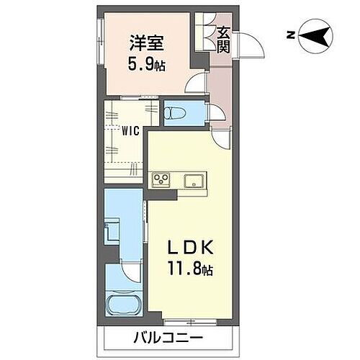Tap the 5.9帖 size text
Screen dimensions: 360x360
pyautogui.click(x=148, y=66)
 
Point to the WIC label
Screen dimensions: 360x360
pyautogui.click(x=130, y=131)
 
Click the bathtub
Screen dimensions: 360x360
pyautogui.click(x=122, y=303)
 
